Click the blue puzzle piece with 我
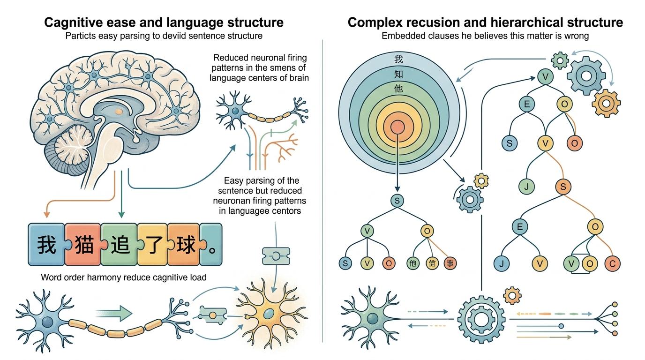pyautogui.click(x=46, y=245)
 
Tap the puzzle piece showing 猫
pyautogui.click(x=84, y=245)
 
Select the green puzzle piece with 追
pyautogui.click(x=120, y=245)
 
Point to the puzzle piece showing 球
pyautogui.click(x=185, y=245)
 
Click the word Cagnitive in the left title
pyautogui.click(x=72, y=22)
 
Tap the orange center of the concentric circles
pyautogui.click(x=397, y=127)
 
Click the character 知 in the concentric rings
pyautogui.click(x=398, y=74)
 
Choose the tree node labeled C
pyautogui.click(x=612, y=263)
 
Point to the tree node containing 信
pyautogui.click(x=432, y=263)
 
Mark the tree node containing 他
pyautogui.click(x=412, y=263)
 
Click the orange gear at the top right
pyautogui.click(x=606, y=103)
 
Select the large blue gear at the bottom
pyautogui.click(x=481, y=320)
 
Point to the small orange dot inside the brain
pyautogui.click(x=119, y=112)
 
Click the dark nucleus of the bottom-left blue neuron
pyautogui.click(x=47, y=322)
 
